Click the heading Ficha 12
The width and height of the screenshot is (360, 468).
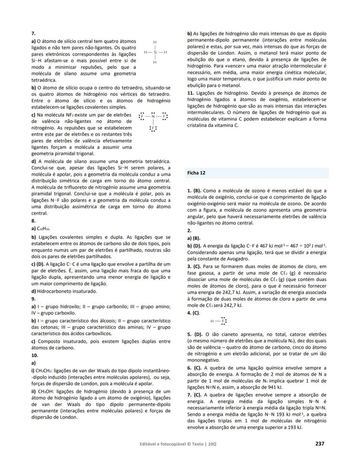coord(196,173)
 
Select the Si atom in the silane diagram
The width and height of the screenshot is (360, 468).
coord(155,53)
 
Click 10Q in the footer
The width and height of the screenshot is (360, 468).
coord(212,444)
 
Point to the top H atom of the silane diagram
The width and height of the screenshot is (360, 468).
coord(155,43)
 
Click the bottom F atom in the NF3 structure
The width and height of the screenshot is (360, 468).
coord(153,129)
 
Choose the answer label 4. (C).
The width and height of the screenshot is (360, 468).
coord(193,312)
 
